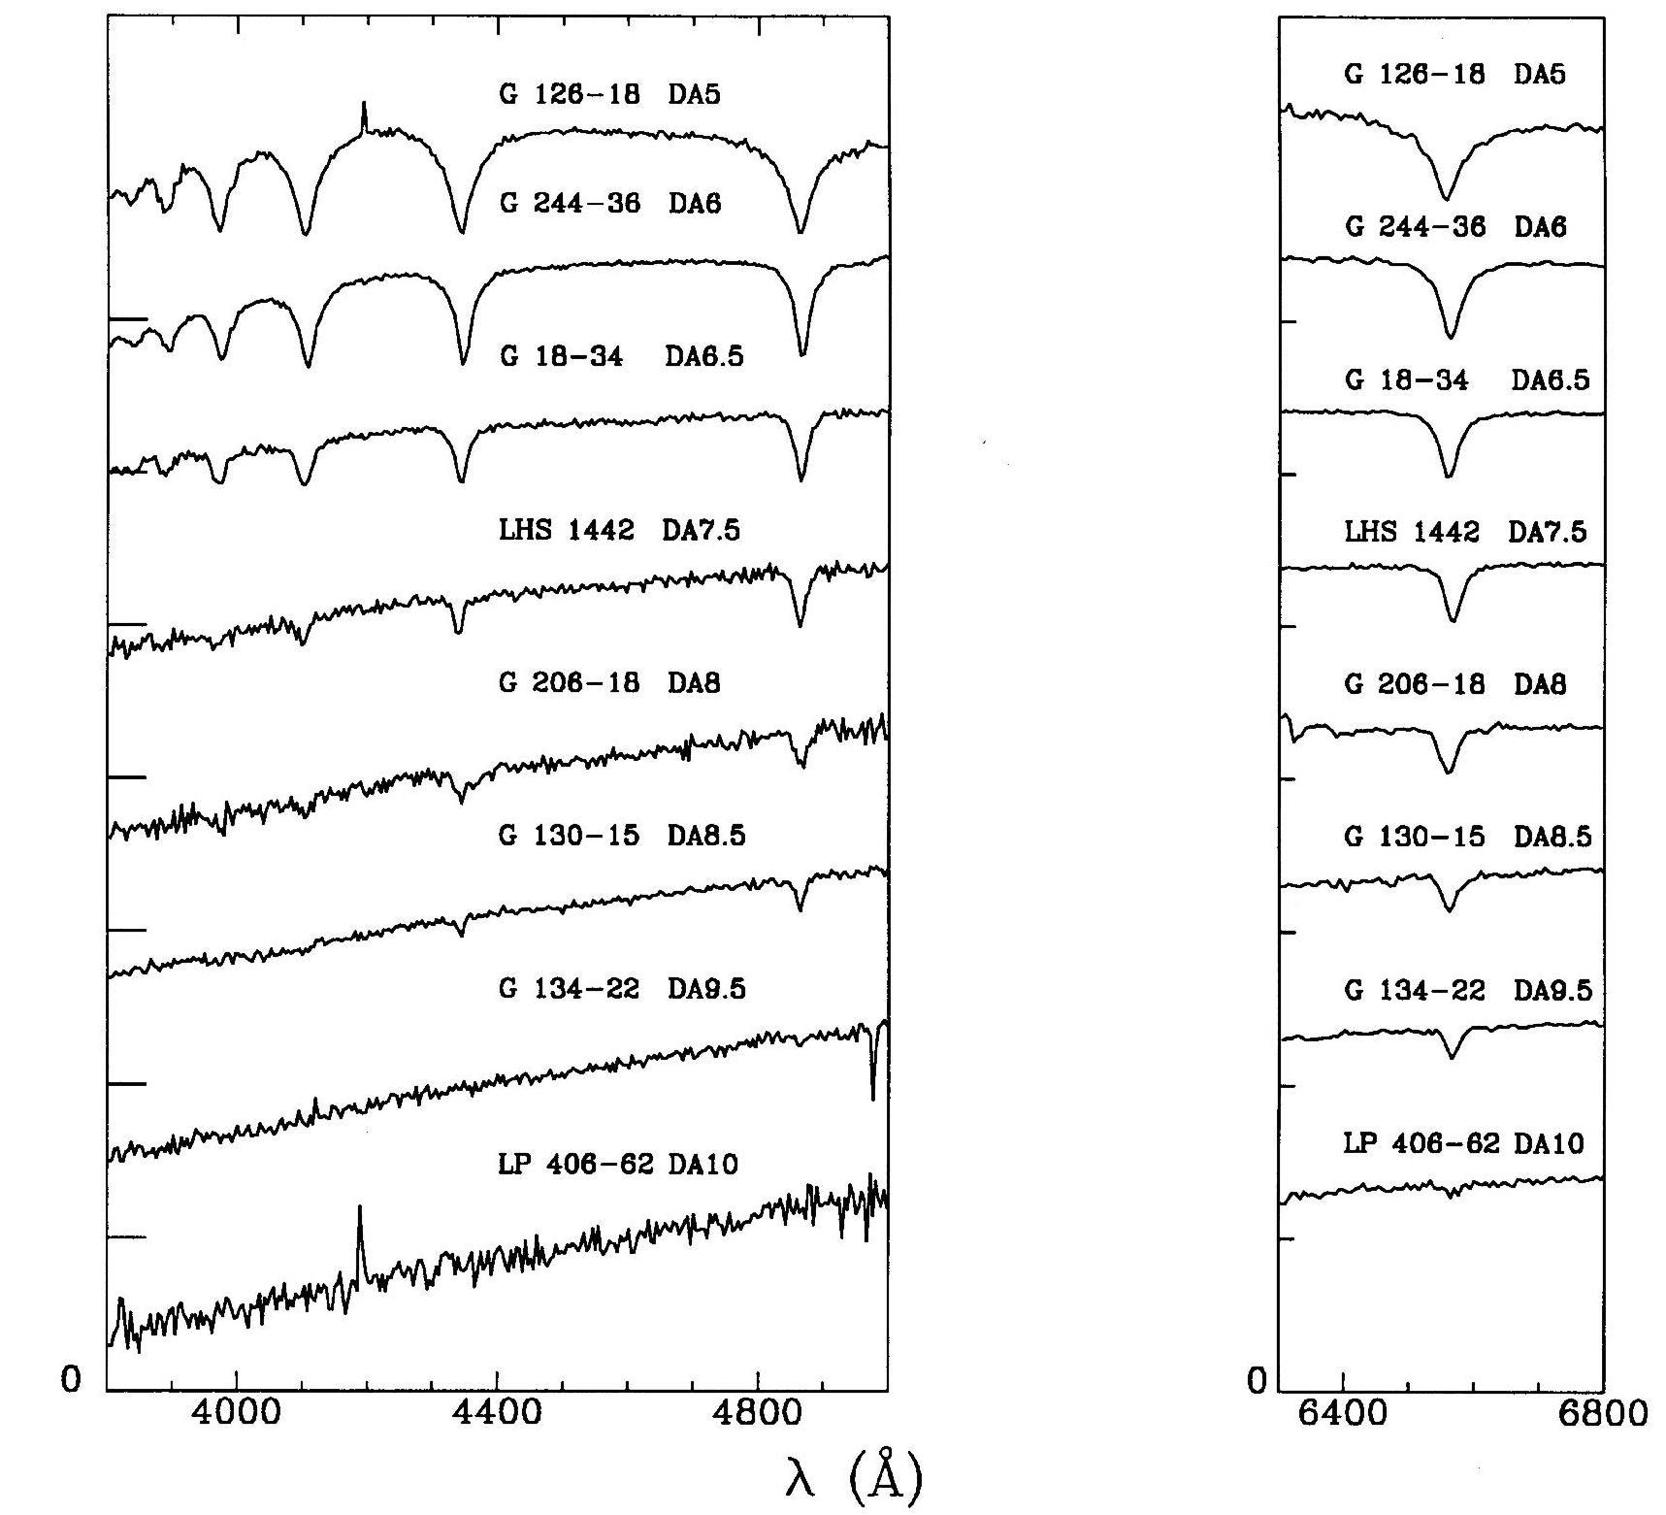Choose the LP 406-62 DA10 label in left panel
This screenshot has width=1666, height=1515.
[618, 1164]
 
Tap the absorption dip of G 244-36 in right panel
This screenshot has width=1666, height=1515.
[1451, 332]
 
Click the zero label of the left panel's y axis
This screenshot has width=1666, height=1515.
[71, 1378]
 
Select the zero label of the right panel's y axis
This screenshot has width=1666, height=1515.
[1258, 1380]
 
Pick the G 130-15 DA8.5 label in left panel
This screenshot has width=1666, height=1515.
[622, 836]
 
